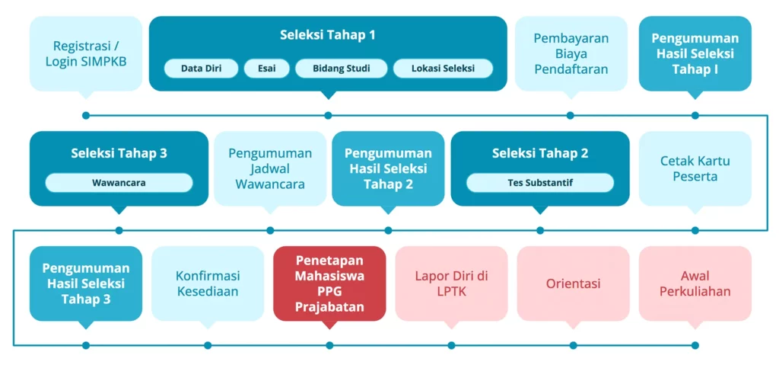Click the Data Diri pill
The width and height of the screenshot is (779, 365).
(x=201, y=69)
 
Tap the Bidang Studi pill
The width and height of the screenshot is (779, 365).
(x=342, y=69)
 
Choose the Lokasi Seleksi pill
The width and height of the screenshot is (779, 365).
(x=444, y=69)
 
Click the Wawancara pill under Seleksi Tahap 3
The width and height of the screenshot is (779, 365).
(x=119, y=183)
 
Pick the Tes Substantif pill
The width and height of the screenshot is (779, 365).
(x=540, y=183)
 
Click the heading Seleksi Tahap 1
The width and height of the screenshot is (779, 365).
(x=328, y=35)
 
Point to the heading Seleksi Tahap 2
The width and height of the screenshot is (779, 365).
(x=540, y=153)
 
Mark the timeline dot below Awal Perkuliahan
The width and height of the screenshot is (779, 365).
(x=695, y=345)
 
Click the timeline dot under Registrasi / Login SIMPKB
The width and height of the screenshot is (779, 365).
(x=86, y=116)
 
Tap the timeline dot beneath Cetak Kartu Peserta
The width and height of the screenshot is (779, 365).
(x=695, y=230)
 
